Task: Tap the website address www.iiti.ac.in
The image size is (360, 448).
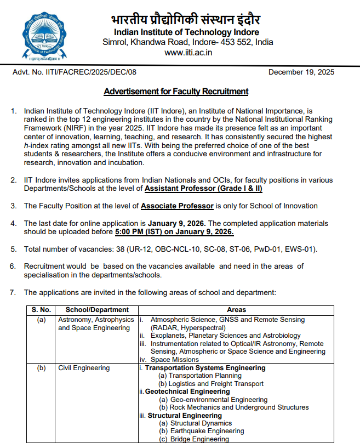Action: pyautogui.click(x=188, y=52)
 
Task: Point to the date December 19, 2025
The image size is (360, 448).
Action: pyautogui.click(x=301, y=72)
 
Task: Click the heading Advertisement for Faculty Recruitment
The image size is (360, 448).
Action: pyautogui.click(x=176, y=91)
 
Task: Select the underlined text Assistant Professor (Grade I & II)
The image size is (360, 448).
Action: pyautogui.click(x=204, y=189)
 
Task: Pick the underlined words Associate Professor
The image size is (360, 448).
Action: pyautogui.click(x=177, y=206)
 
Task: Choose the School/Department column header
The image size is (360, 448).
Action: pyautogui.click(x=97, y=310)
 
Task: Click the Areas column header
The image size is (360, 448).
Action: pyautogui.click(x=236, y=310)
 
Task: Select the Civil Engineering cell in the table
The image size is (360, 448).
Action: pyautogui.click(x=84, y=368)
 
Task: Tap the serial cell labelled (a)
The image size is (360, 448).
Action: pyautogui.click(x=41, y=319)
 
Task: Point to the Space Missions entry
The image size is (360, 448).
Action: pyautogui.click(x=174, y=360)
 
